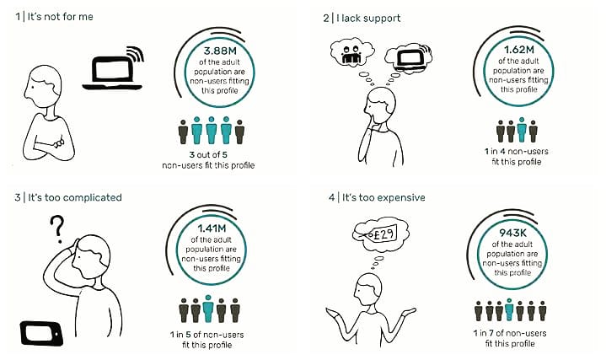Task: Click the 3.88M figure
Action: click(x=220, y=51)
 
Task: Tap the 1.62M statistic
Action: click(x=518, y=50)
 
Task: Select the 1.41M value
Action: click(x=212, y=228)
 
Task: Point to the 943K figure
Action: click(x=512, y=233)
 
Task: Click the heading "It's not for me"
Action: click(x=61, y=17)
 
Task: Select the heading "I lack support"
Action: click(x=368, y=19)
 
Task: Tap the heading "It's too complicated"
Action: click(x=75, y=197)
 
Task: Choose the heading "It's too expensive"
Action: click(x=383, y=197)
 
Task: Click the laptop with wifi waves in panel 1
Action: click(x=113, y=68)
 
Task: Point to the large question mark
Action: click(x=57, y=229)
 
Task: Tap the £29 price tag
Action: click(x=381, y=234)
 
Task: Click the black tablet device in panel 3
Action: click(x=41, y=333)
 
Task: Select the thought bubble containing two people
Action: click(x=352, y=53)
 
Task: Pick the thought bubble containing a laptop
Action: click(x=410, y=58)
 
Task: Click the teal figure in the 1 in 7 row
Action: click(x=509, y=309)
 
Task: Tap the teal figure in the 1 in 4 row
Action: click(x=522, y=130)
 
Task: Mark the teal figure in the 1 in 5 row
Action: click(x=208, y=309)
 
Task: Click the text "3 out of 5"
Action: click(x=208, y=154)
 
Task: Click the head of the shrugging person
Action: click(x=368, y=289)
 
